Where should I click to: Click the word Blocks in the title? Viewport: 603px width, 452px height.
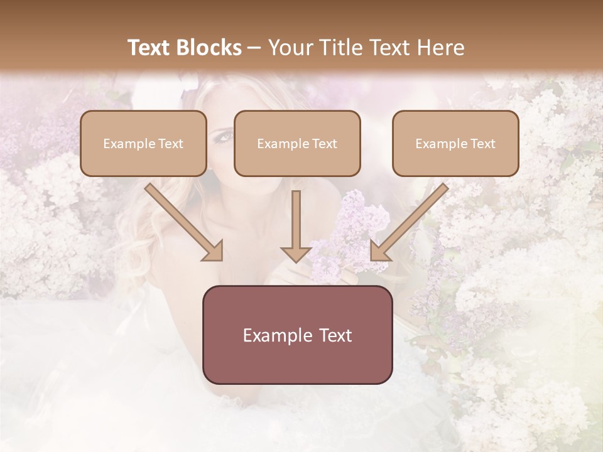[210, 48]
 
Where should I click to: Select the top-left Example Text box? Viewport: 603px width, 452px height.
[143, 143]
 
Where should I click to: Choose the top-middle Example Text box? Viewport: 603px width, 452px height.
[297, 143]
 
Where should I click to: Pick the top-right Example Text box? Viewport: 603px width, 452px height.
[455, 143]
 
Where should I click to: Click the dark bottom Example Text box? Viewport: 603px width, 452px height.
[297, 335]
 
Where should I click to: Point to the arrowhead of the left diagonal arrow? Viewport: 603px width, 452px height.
[214, 252]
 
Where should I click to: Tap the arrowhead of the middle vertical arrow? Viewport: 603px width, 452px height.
[296, 254]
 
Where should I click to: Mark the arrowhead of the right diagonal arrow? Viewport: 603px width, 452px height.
[379, 252]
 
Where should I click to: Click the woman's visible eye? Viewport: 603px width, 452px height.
[225, 135]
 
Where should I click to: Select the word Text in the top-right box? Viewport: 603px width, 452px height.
[482, 144]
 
